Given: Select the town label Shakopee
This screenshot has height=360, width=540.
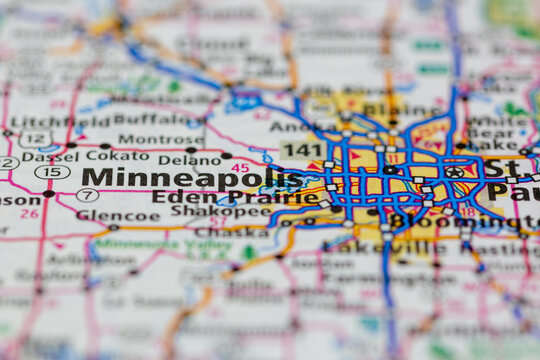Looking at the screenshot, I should pos(205,211).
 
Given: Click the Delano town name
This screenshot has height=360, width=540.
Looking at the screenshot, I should pos(190,159).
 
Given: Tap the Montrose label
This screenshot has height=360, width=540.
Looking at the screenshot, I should pos(146,139).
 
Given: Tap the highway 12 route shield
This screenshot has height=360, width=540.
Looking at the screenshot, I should pos(34,139).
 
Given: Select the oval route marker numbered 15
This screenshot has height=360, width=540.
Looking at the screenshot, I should pos(52,172).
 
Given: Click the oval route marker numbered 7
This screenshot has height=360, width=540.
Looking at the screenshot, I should pos(87,194).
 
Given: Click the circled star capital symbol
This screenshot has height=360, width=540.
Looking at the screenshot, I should pos(454,171).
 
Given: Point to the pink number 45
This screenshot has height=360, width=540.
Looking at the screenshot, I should pos(240,168).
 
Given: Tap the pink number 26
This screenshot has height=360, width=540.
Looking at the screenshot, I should pos(30,213).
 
